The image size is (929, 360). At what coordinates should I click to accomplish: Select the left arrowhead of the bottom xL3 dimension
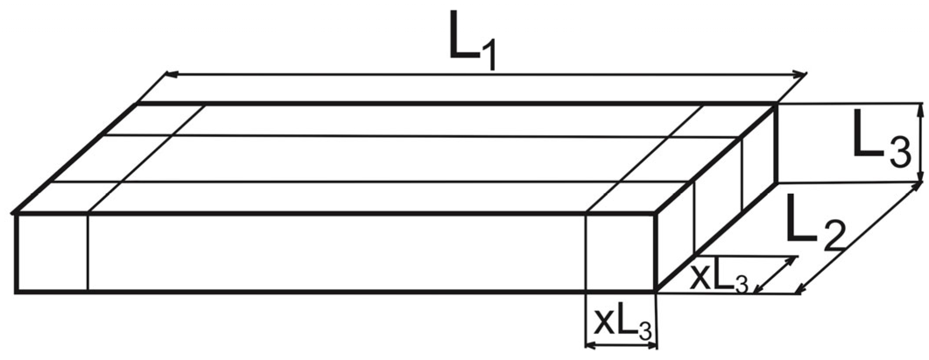[x=590, y=346]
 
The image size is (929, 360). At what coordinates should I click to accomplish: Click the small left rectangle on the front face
[x=52, y=252]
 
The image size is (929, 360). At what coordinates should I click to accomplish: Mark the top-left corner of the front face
[x=16, y=214]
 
